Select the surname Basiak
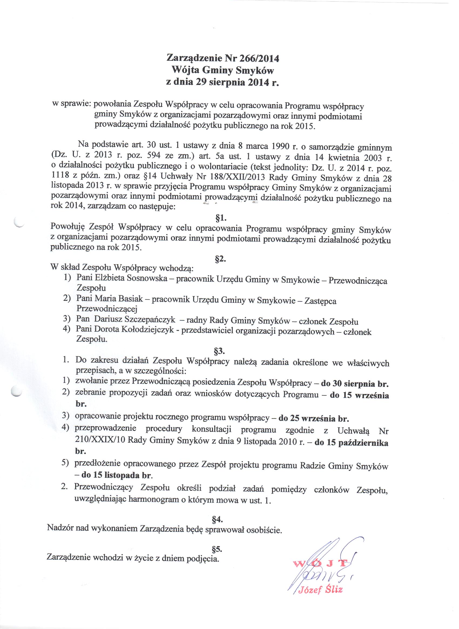(131, 299)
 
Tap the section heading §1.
(221, 218)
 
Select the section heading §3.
(219, 351)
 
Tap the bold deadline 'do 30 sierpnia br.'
(355, 384)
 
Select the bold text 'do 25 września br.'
(314, 418)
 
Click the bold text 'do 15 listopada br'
(117, 475)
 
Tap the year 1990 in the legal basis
(280, 146)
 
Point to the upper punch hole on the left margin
(19, 223)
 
